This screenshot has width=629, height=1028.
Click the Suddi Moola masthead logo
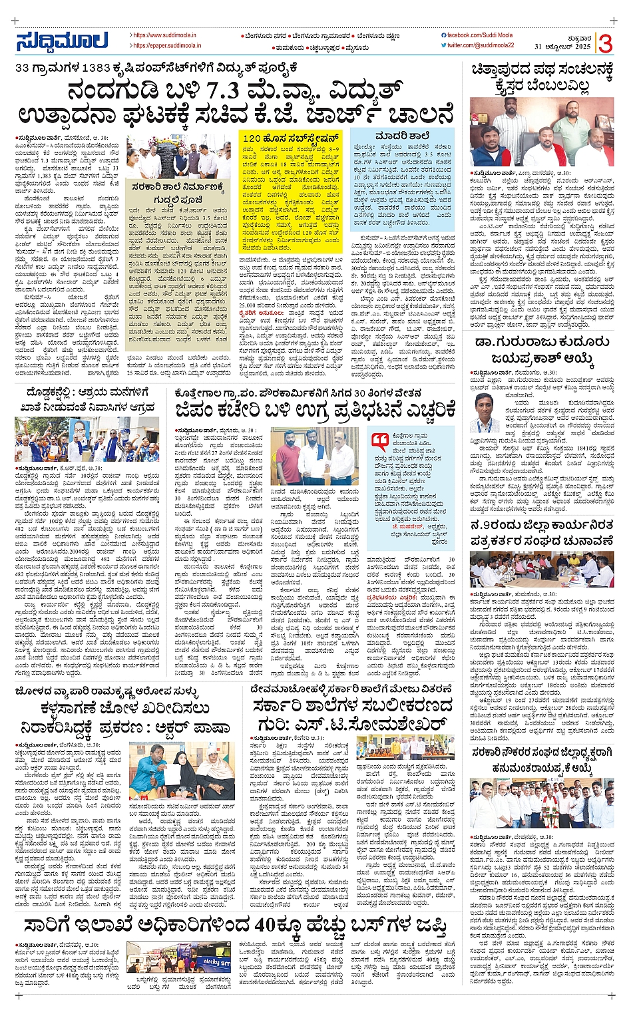(61, 41)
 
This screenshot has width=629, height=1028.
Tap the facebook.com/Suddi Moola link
(481, 35)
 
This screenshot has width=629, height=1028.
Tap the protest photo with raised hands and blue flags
(87, 439)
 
